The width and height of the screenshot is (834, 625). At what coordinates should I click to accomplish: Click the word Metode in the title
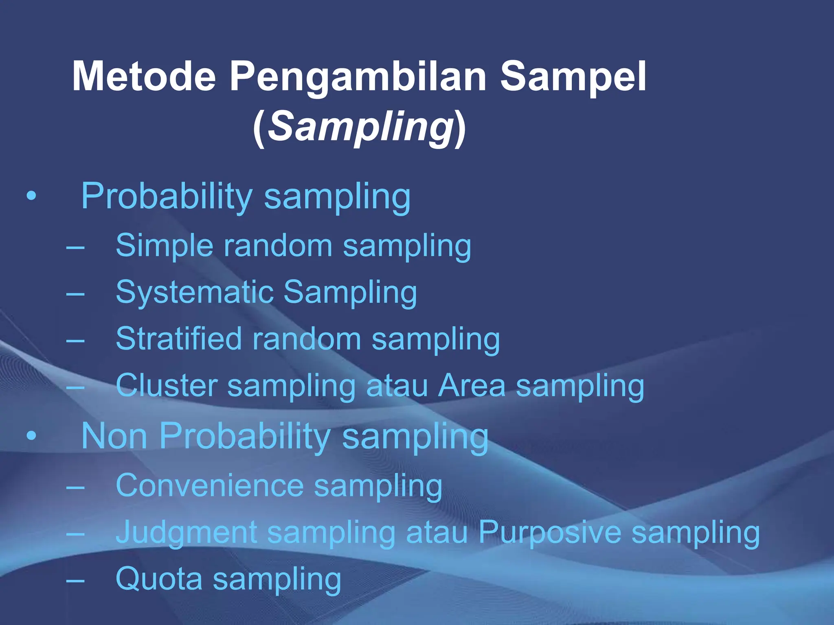[x=144, y=76]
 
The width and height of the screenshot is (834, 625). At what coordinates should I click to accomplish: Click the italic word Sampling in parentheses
[x=360, y=127]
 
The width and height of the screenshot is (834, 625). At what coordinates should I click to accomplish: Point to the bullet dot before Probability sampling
[x=31, y=197]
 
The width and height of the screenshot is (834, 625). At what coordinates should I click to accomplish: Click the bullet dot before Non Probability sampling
[x=31, y=436]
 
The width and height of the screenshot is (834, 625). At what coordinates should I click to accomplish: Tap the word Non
[x=114, y=436]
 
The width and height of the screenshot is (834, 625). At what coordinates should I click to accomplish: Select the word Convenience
[x=210, y=485]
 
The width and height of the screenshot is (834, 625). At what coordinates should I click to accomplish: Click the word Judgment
[x=186, y=533]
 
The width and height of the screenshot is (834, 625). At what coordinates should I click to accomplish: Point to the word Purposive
[x=549, y=533]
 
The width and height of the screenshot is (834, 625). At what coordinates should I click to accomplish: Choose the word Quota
[x=159, y=579]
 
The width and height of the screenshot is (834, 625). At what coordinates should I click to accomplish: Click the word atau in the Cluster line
[x=397, y=386]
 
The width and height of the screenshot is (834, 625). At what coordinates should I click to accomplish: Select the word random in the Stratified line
[x=306, y=339]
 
